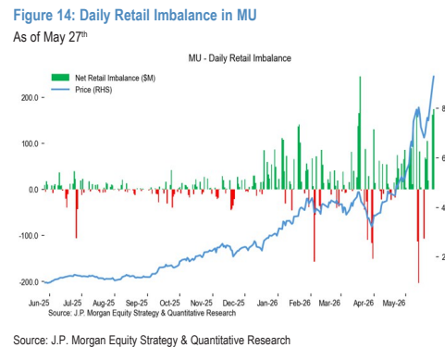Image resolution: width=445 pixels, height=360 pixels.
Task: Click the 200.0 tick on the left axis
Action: click(30, 98)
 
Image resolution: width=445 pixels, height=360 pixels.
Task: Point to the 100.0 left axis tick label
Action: click(30, 143)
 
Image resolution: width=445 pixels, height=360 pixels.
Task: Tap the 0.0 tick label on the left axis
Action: click(33, 190)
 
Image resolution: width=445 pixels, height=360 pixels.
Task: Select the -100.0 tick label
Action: click(29, 236)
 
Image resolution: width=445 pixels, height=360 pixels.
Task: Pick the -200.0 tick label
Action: click(29, 282)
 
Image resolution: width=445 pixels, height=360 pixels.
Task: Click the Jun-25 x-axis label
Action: click(39, 303)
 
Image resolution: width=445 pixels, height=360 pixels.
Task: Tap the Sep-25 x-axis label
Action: click(137, 303)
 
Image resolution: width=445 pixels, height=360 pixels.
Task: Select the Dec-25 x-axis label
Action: click(233, 303)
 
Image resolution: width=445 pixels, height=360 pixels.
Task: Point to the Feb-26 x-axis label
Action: click(300, 303)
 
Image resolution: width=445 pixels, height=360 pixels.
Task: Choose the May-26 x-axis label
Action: click(394, 303)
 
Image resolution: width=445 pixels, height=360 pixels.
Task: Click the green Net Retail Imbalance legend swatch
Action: click(60, 78)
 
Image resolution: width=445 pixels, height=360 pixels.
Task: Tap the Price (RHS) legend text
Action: click(93, 90)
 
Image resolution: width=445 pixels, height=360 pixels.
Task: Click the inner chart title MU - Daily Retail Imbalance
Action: click(240, 58)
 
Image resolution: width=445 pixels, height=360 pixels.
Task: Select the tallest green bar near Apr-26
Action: click(360, 132)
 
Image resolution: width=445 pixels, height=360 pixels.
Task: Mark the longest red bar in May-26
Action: click(418, 236)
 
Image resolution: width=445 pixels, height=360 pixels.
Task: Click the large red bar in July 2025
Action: click(77, 214)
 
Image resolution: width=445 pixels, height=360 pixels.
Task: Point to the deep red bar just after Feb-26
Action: click(315, 226)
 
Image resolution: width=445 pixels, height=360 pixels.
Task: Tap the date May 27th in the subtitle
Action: click(66, 37)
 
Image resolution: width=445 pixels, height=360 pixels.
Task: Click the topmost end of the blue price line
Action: click(434, 76)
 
